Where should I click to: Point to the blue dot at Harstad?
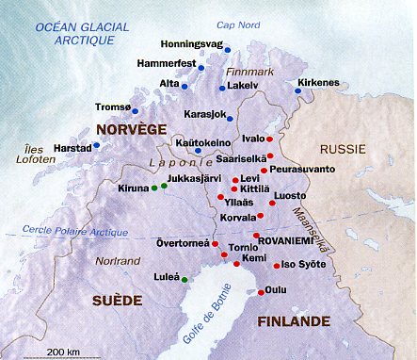click(x=97, y=145)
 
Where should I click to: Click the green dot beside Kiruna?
click(x=154, y=188)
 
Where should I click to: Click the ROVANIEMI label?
click(x=295, y=237)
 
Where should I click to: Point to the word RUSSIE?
click(x=342, y=150)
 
